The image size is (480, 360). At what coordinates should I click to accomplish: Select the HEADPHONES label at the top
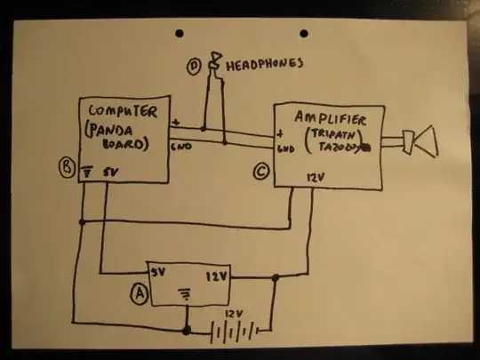pyautogui.click(x=264, y=65)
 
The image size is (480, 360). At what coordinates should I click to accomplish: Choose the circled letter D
pyautogui.click(x=193, y=65)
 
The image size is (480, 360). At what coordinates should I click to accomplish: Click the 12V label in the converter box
pyautogui.click(x=218, y=277)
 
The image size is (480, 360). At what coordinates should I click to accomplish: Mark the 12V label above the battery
pyautogui.click(x=234, y=313)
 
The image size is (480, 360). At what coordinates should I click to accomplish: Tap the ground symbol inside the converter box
pyautogui.click(x=186, y=290)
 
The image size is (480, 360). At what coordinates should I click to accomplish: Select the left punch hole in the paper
pyautogui.click(x=180, y=34)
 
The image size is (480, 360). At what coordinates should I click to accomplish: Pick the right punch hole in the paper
pyautogui.click(x=304, y=34)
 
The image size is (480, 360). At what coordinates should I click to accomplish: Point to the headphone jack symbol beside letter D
pyautogui.click(x=213, y=64)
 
